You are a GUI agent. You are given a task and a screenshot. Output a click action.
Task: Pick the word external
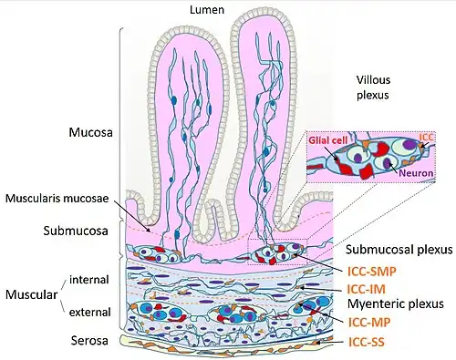coord(89,312)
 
